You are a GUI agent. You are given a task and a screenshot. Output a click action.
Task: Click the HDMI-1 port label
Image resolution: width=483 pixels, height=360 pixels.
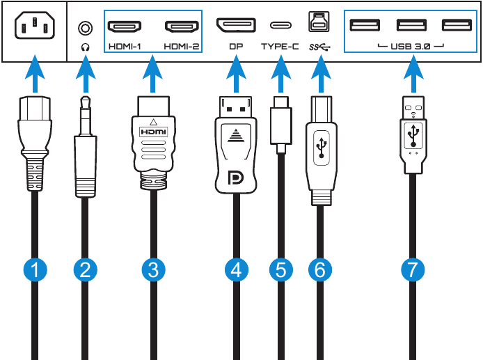pyautogui.click(x=125, y=47)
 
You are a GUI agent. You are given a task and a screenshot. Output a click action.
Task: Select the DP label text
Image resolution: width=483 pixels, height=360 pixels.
pyautogui.click(x=237, y=47)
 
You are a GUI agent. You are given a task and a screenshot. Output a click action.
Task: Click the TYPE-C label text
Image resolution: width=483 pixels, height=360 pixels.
pyautogui.click(x=280, y=47)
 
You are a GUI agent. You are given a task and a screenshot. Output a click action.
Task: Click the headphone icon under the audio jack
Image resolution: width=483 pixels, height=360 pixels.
pyautogui.click(x=85, y=47)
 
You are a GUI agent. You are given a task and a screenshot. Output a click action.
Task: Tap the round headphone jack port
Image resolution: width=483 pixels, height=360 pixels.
pyautogui.click(x=85, y=28)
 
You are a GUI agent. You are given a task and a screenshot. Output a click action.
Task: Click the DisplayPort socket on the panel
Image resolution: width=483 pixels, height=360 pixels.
pyautogui.click(x=237, y=27)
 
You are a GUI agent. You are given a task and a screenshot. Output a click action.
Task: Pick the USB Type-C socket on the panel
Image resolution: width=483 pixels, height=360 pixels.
pyautogui.click(x=280, y=27)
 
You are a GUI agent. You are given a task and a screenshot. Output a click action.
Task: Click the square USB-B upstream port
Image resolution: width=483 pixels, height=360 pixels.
pyautogui.click(x=319, y=23)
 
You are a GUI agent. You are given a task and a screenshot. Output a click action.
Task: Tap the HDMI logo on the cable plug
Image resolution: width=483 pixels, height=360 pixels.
pyautogui.click(x=152, y=130)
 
